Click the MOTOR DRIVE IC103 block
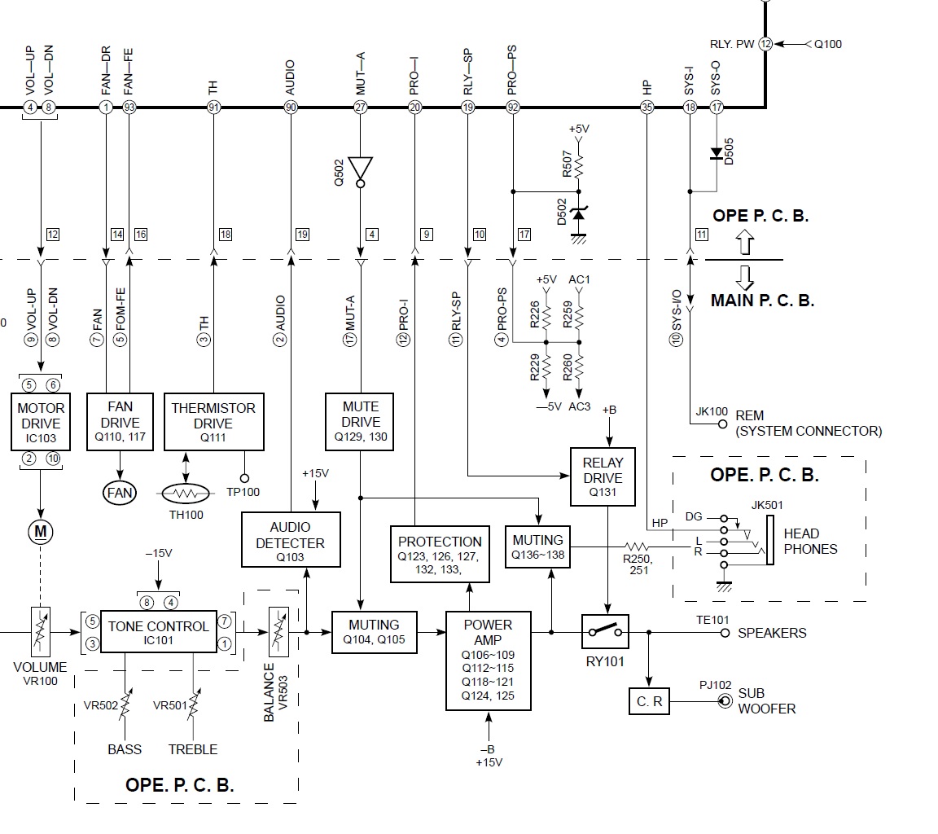(40, 422)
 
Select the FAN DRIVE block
(120, 422)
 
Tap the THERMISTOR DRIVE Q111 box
(214, 422)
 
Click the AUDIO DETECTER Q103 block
(291, 539)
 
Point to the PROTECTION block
(440, 555)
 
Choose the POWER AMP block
(489, 660)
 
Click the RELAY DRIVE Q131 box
(603, 477)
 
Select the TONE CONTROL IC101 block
(158, 632)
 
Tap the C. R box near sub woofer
(649, 700)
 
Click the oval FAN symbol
(120, 493)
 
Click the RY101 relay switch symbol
(606, 632)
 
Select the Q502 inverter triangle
(361, 169)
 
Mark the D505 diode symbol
(716, 153)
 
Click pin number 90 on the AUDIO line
(291, 107)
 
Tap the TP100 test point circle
(243, 478)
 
